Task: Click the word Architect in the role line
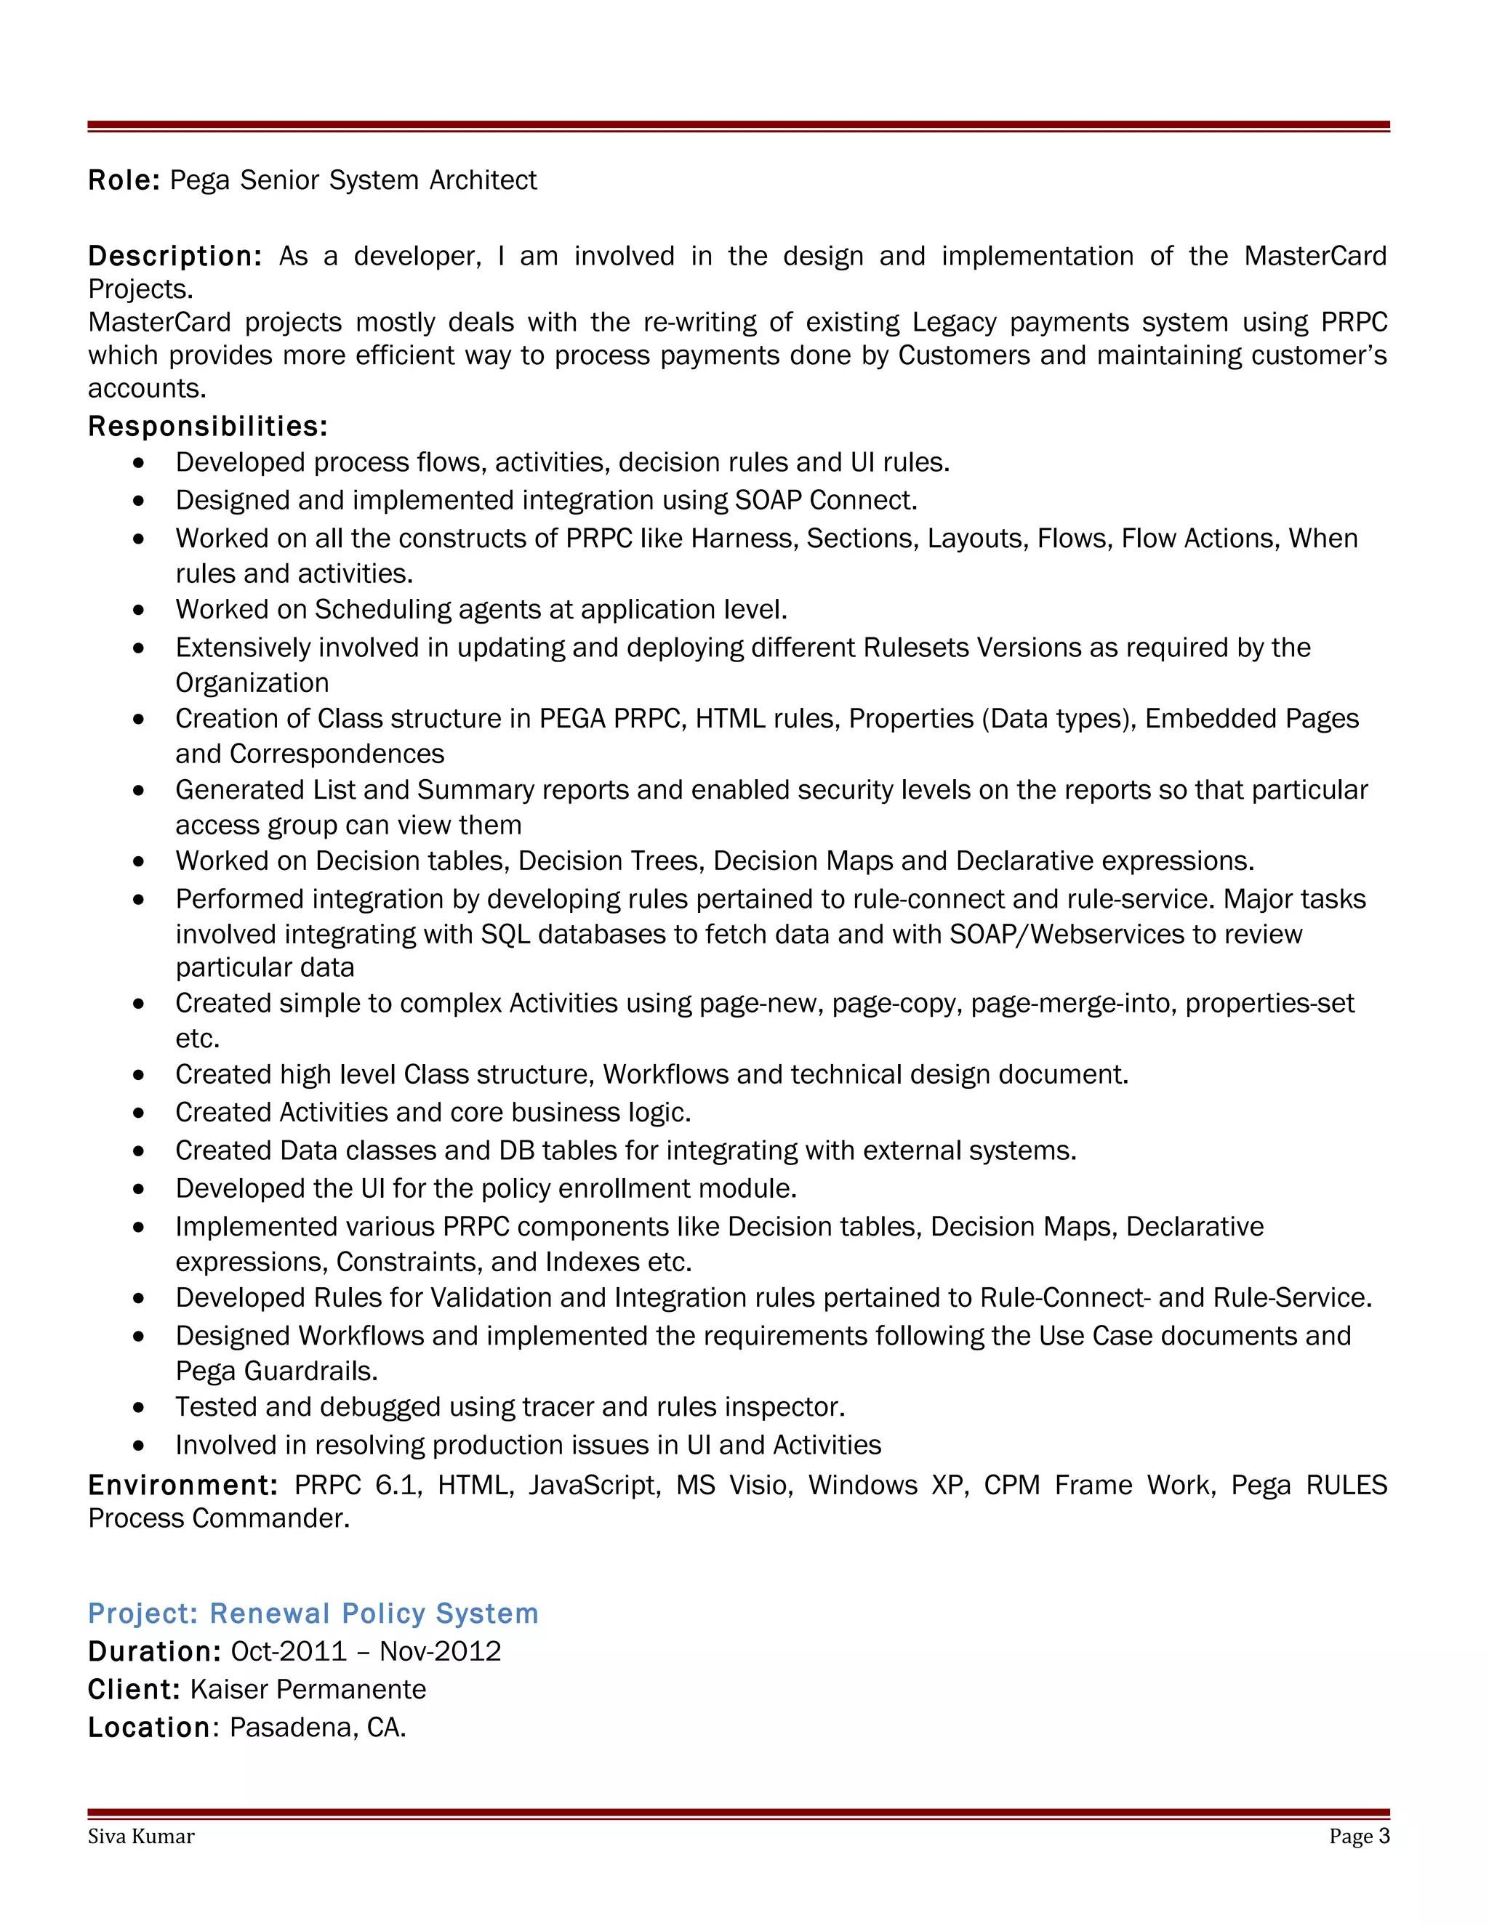[483, 180]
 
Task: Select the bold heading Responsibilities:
[207, 427]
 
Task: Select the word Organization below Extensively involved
[252, 682]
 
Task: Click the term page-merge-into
[1074, 1004]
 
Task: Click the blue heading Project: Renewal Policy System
[313, 1613]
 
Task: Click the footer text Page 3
[1358, 1836]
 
